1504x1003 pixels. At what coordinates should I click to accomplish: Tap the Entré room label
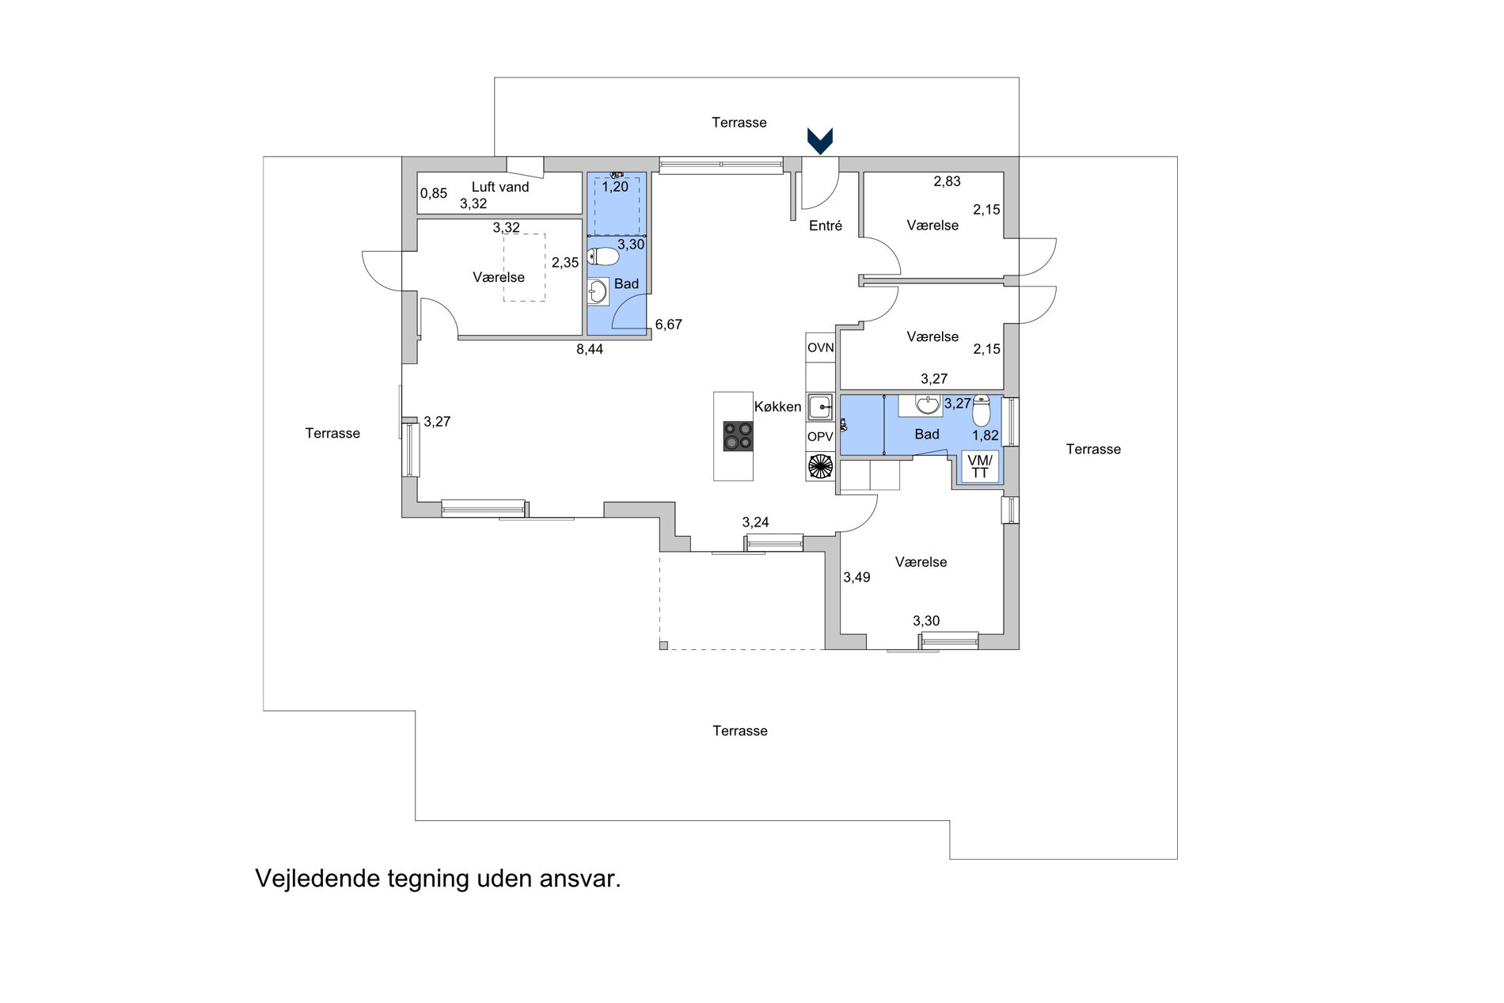coord(826,226)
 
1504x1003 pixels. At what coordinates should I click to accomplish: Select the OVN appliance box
coord(821,348)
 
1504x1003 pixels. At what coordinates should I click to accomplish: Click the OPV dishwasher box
coord(821,436)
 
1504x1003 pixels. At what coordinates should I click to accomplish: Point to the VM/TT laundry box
coord(980,466)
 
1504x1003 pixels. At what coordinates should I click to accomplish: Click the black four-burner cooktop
coord(738,436)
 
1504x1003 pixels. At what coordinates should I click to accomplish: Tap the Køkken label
coord(777,407)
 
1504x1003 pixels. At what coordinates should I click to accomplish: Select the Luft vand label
coord(500,187)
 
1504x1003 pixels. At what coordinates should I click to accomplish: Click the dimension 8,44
coord(590,349)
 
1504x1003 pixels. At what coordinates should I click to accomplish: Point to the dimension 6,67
coord(669,325)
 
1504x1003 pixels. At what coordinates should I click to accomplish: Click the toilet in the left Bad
coord(603,256)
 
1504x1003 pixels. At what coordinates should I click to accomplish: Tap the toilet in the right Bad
coord(982,411)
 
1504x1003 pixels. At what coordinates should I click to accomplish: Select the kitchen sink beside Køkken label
coord(821,408)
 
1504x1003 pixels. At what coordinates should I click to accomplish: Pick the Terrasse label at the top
coord(739,123)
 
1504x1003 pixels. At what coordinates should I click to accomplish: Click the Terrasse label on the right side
coord(1093,450)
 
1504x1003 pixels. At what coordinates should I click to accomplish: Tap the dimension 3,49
coord(856,578)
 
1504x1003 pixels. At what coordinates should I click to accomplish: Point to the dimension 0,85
coord(434,193)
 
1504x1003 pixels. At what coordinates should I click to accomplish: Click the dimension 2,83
coord(947,181)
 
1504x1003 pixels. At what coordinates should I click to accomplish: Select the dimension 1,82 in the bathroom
coord(986,435)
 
